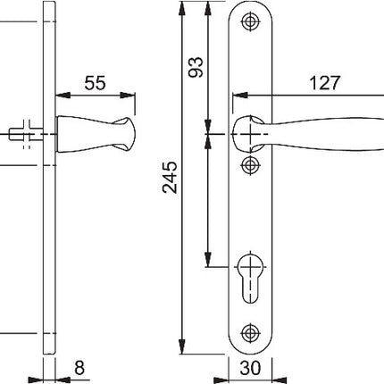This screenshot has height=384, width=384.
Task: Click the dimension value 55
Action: [96, 83]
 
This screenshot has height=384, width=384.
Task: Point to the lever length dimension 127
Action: [325, 83]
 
